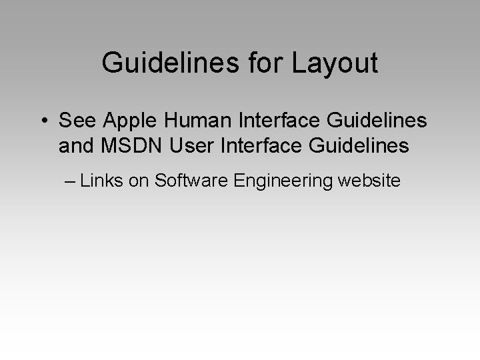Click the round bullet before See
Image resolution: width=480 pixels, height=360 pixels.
[43, 121]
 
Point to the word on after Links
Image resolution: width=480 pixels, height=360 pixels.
[139, 180]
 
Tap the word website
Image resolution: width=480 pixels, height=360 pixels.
[369, 180]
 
